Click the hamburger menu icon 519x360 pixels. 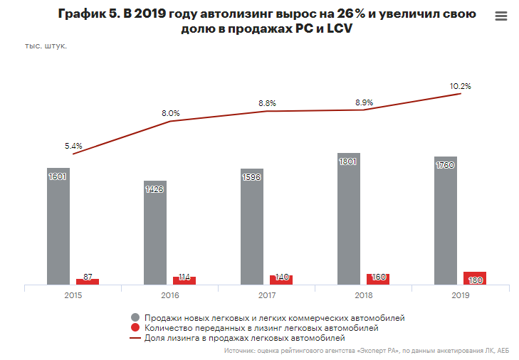(500, 16)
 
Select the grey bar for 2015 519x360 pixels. (58, 228)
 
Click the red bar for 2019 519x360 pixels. (474, 278)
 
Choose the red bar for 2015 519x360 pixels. (87, 282)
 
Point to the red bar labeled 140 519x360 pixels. (281, 280)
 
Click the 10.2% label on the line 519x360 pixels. (460, 86)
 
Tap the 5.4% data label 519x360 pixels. (73, 146)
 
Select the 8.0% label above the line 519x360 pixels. (170, 113)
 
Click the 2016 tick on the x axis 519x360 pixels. (169, 295)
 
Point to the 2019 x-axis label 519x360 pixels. (460, 295)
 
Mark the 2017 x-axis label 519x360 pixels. (266, 295)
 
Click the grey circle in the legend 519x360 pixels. (135, 317)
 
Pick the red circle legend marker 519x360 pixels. (135, 328)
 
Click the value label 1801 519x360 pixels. (348, 162)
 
